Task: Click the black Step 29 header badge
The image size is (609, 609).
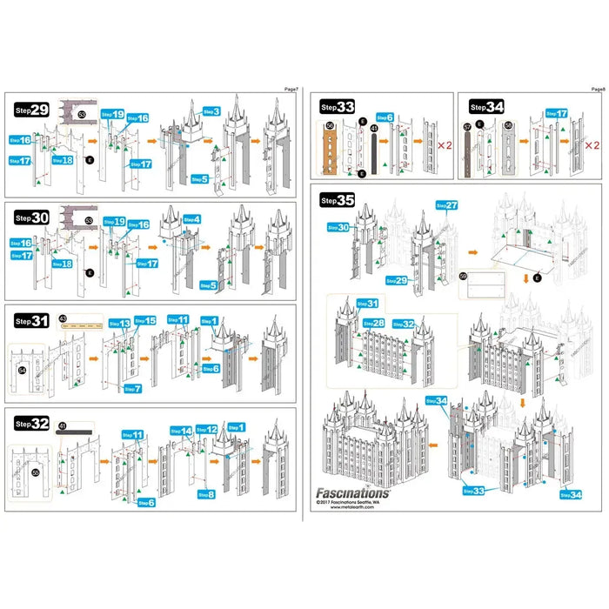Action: point(31,110)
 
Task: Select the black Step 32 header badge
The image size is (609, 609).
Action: point(31,424)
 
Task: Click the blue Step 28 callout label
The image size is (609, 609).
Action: point(373,323)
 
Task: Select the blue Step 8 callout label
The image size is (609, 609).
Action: point(205,495)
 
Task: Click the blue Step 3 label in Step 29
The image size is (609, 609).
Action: point(211,111)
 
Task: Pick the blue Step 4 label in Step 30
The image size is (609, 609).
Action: point(191,219)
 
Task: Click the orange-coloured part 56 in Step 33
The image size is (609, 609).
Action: point(330,148)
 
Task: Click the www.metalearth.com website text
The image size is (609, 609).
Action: point(351,510)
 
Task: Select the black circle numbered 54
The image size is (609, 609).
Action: point(23,371)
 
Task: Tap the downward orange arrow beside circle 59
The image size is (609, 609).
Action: point(525,278)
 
